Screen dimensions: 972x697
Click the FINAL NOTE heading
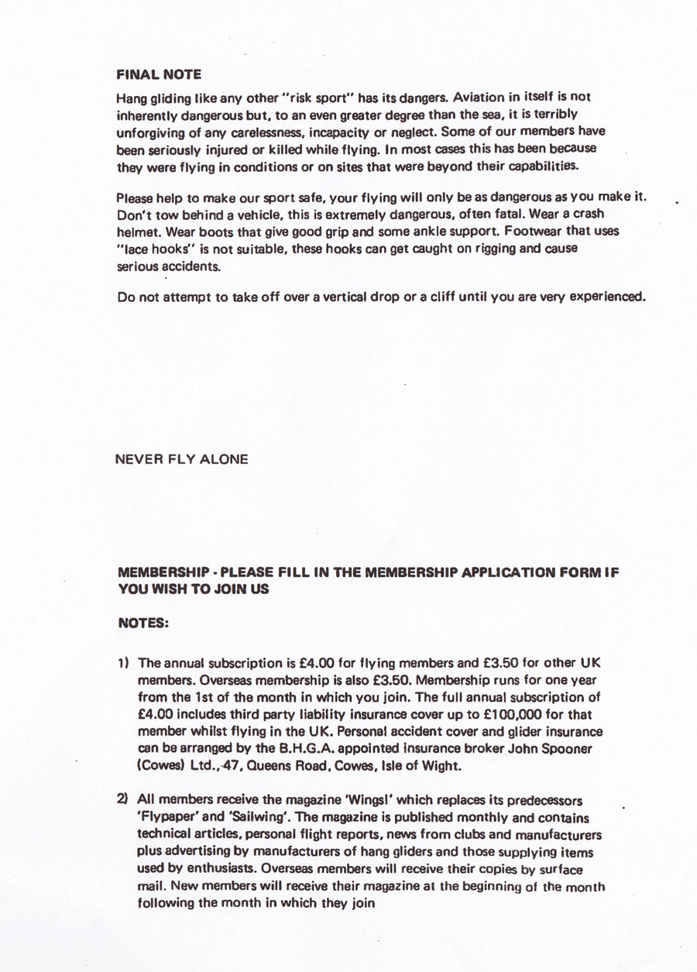tap(159, 75)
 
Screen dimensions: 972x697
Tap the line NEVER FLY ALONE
tap(181, 459)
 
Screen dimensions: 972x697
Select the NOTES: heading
tap(143, 622)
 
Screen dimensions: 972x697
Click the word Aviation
tap(480, 98)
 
